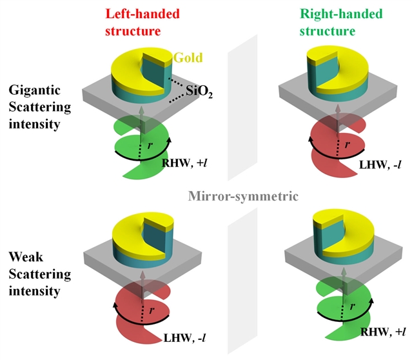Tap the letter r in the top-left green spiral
point(152,146)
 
